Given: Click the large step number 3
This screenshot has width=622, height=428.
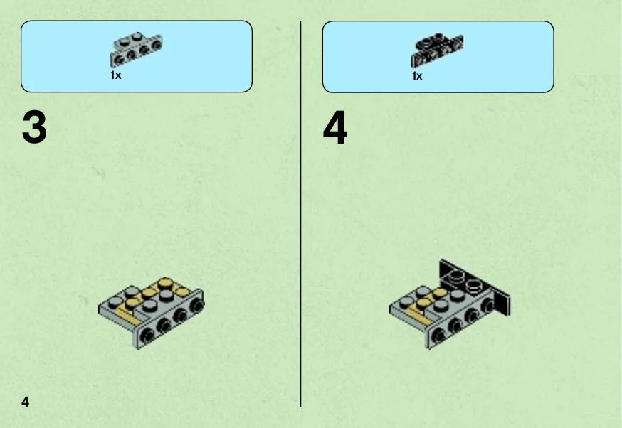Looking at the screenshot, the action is pos(34,127).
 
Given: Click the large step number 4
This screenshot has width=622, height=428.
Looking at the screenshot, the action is pos(335,127).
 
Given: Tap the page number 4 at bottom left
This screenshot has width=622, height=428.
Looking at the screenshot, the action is pos(26,402).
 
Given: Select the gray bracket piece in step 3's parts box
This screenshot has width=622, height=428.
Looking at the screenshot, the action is pos(136,49).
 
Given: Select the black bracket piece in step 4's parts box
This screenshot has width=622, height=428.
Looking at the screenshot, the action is pos(437,49).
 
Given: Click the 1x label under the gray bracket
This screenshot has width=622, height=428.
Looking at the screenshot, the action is pos(116,75).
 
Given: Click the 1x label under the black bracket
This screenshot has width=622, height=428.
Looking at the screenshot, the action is pos(417,75).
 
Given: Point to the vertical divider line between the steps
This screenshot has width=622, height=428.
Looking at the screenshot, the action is pos(300,214).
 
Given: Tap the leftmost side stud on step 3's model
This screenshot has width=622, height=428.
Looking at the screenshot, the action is pos(149,336).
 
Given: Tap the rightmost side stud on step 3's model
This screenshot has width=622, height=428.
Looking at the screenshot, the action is pos(196,305).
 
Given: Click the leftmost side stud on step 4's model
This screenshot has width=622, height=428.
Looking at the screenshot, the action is pos(439,336).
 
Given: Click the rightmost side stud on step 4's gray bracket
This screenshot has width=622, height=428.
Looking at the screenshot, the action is pos(487,305).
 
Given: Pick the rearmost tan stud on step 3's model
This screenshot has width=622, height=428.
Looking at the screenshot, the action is pos(165,283).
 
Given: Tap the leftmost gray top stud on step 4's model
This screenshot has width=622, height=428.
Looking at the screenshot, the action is pos(406,301).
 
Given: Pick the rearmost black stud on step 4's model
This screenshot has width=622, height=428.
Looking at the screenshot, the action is pos(456,275).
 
